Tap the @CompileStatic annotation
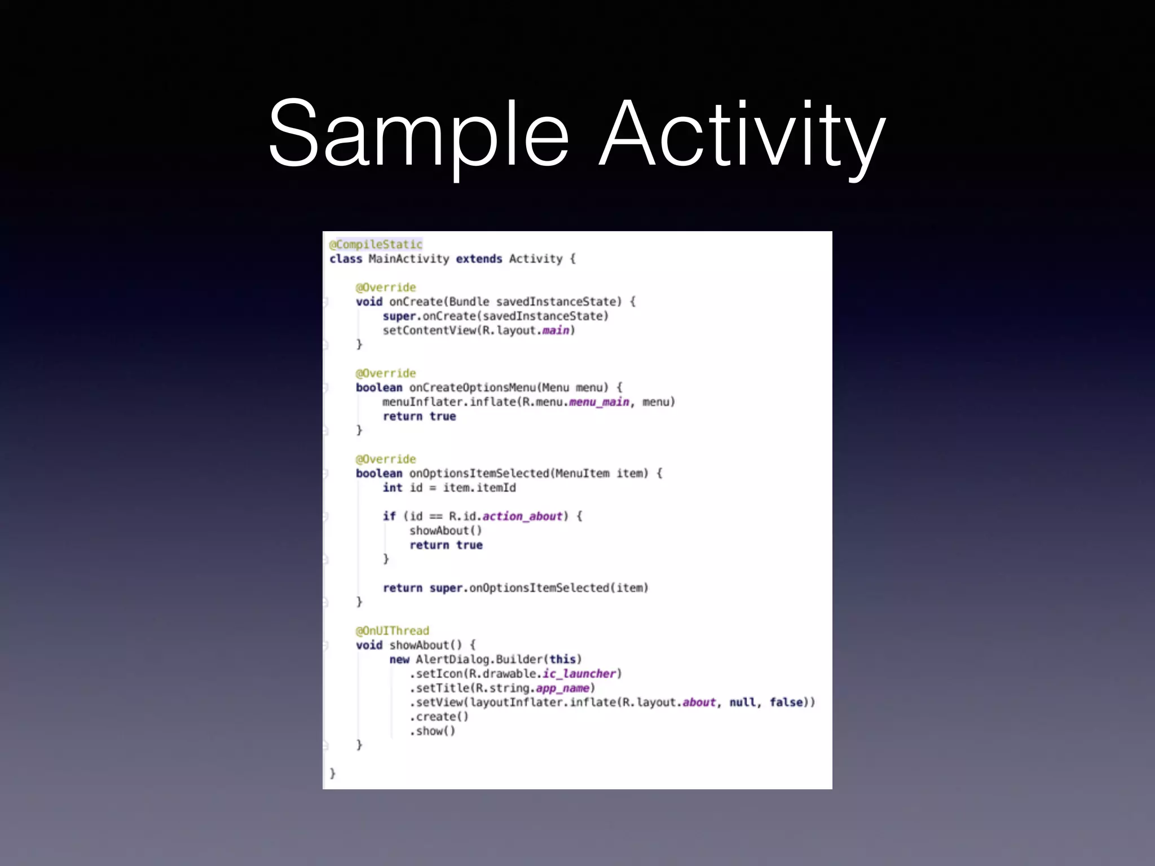click(376, 245)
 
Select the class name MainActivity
click(409, 259)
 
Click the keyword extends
click(479, 259)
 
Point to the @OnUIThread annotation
click(393, 630)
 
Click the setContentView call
click(430, 330)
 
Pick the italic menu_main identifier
click(599, 402)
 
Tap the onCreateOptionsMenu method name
click(472, 388)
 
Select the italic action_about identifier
click(522, 516)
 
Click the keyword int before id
click(393, 488)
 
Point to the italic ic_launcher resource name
click(579, 674)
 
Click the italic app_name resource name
click(562, 688)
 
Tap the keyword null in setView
click(742, 702)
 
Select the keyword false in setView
click(786, 702)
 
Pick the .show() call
click(433, 731)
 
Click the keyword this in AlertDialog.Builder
click(562, 660)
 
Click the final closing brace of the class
click(333, 774)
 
